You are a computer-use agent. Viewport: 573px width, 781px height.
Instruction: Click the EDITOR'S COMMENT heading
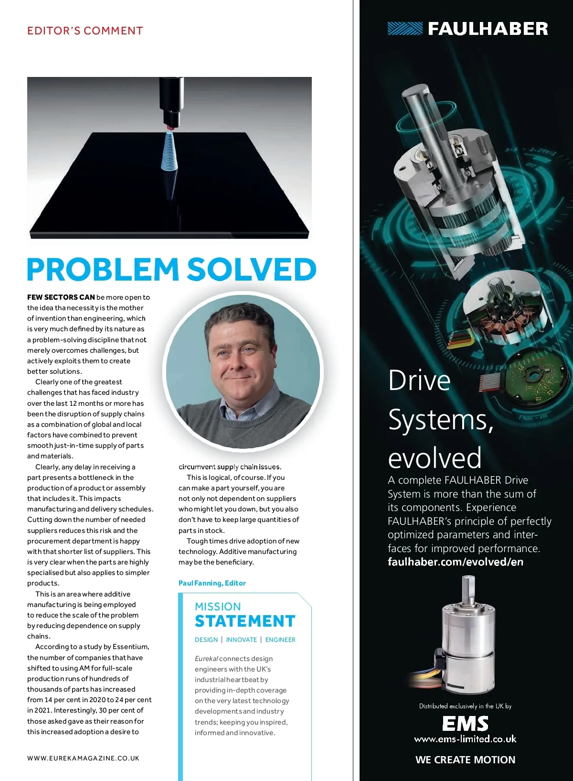coord(85,31)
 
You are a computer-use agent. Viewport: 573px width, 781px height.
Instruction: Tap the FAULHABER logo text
coord(488,29)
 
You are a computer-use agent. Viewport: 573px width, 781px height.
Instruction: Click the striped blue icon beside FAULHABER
coord(405,29)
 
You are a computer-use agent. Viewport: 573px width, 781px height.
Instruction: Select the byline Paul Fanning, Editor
coord(212,583)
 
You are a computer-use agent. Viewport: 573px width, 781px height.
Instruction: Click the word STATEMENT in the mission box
coord(245,621)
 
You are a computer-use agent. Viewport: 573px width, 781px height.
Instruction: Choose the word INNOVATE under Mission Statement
coord(242,640)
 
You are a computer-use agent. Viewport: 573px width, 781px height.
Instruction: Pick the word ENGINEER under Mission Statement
coord(280,640)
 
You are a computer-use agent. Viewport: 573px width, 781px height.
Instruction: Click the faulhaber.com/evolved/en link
coord(456,562)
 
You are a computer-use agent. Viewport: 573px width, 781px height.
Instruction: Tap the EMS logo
coord(465,724)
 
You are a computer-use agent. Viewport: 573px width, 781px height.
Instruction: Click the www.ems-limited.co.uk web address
coord(465,739)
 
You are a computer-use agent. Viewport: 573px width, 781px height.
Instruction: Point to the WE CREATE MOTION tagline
coord(465,759)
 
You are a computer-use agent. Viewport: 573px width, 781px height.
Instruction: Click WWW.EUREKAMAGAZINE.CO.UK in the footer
coord(83,758)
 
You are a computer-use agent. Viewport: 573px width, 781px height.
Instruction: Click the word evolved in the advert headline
coord(435,457)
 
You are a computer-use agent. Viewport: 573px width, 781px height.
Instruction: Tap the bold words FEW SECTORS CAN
coord(61,297)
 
